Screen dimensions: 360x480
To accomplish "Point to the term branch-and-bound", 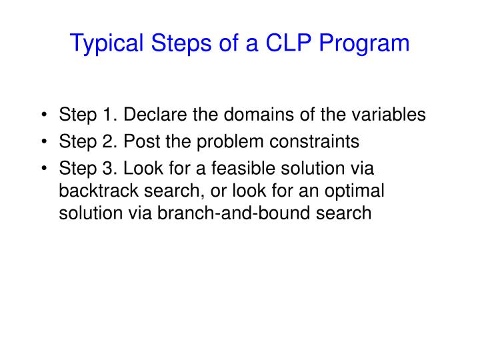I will tap(227, 213).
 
